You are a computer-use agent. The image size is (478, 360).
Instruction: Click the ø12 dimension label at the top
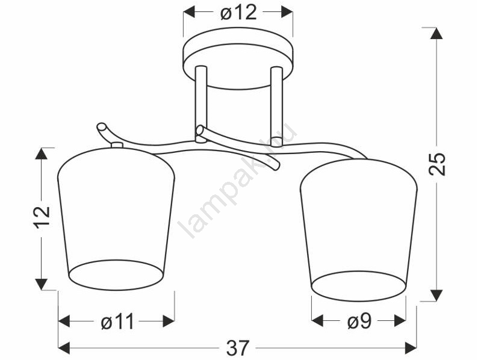(238, 13)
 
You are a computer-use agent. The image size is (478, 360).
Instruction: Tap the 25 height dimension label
(437, 164)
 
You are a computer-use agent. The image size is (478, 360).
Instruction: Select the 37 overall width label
(238, 348)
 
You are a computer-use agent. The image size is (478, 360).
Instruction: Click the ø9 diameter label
(359, 321)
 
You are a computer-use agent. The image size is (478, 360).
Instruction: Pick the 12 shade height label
(42, 217)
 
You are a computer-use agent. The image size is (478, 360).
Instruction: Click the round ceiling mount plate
(238, 58)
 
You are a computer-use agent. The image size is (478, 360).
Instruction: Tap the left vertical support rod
(200, 103)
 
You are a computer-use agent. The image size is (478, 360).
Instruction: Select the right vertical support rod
(276, 104)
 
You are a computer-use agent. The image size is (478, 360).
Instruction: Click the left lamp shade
(116, 219)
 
